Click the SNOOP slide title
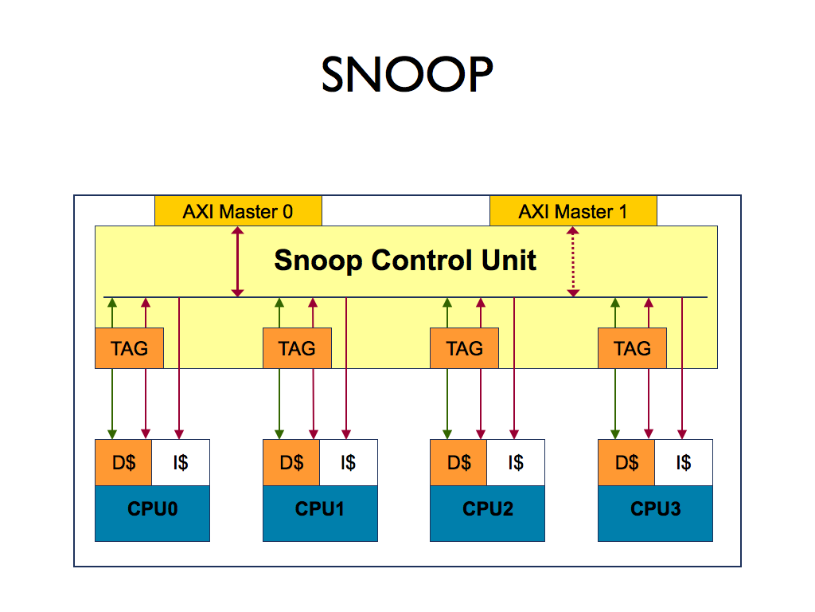pyautogui.click(x=407, y=76)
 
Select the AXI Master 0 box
pyautogui.click(x=238, y=211)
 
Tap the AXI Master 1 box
pyautogui.click(x=573, y=211)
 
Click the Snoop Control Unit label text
pyautogui.click(x=405, y=261)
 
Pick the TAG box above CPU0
pyautogui.click(x=129, y=348)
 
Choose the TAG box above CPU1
pyautogui.click(x=297, y=348)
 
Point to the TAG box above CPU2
pyautogui.click(x=464, y=348)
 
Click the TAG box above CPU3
pyautogui.click(x=632, y=348)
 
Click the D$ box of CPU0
pyautogui.click(x=123, y=463)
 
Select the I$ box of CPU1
pyautogui.click(x=349, y=463)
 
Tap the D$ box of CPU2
pyautogui.click(x=458, y=463)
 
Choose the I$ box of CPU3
pyautogui.click(x=684, y=463)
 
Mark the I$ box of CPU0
pyautogui.click(x=181, y=463)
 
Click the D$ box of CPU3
pyautogui.click(x=626, y=463)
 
